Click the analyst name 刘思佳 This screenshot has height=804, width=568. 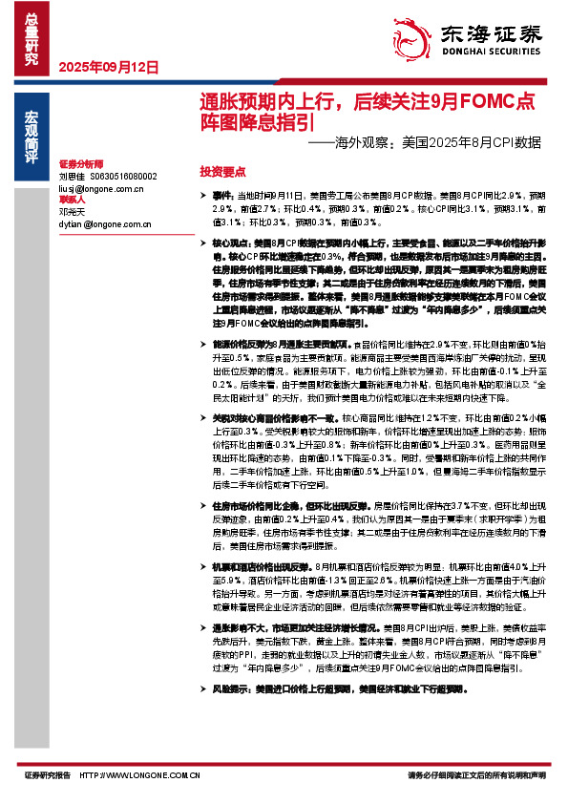(73, 177)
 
